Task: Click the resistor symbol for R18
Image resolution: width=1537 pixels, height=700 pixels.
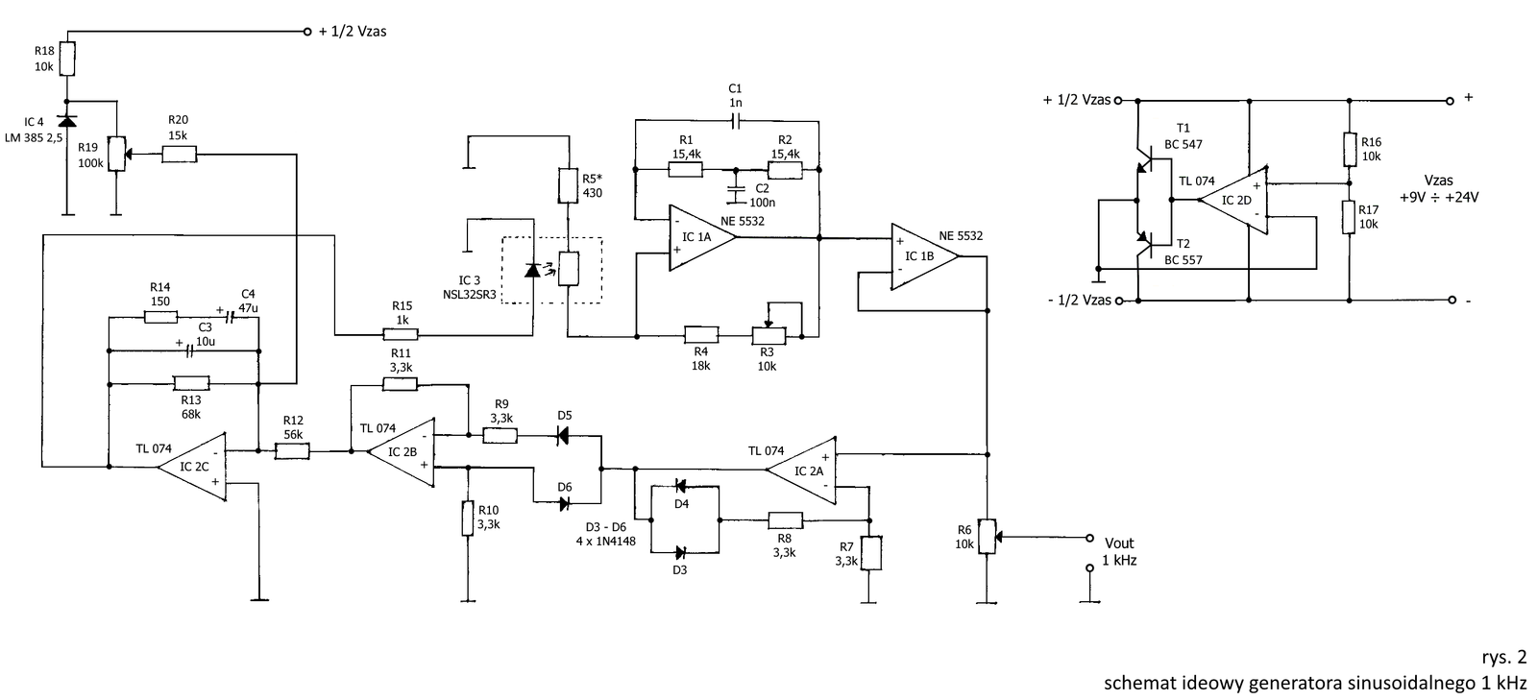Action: [x=66, y=59]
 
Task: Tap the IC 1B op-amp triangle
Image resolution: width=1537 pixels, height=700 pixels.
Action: [x=924, y=256]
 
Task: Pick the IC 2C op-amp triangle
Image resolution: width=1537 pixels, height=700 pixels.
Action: [x=192, y=467]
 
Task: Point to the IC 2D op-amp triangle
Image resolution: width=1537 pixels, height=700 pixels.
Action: [x=1233, y=200]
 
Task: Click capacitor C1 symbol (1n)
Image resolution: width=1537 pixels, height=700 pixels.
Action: [x=735, y=122]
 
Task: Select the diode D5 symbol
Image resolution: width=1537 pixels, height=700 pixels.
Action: [x=563, y=435]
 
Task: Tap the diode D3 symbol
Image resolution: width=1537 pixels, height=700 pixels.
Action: [x=680, y=552]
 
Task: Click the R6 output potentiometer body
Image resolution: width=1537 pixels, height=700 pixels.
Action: [x=987, y=536]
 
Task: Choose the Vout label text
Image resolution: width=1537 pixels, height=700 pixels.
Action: [x=1119, y=543]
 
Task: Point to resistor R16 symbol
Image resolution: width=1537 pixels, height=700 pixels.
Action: [x=1349, y=150]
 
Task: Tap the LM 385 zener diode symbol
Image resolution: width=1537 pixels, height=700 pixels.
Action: [x=66, y=121]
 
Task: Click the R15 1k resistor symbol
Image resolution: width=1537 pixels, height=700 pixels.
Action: [x=400, y=334]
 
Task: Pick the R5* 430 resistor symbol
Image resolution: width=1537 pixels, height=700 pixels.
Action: [x=568, y=185]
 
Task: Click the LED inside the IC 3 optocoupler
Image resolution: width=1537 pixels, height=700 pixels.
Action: [x=532, y=270]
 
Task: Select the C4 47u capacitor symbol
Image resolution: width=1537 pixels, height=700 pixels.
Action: [x=230, y=318]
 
